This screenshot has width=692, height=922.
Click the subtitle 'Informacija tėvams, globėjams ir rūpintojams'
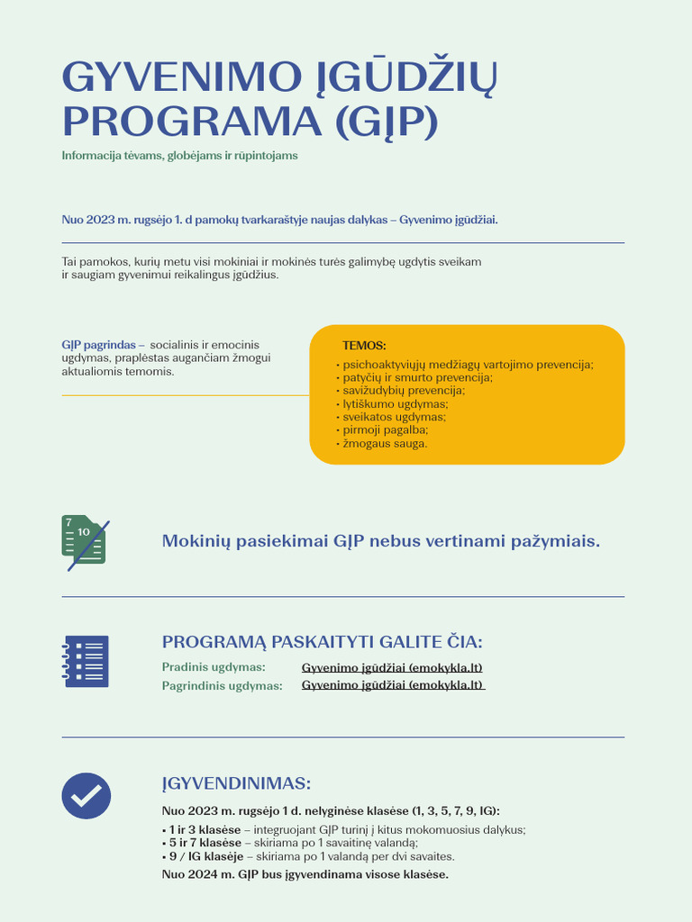point(179,156)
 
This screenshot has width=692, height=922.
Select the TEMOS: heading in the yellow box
point(364,346)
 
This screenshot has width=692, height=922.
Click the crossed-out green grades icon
point(86,542)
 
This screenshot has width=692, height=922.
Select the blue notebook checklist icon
point(86,662)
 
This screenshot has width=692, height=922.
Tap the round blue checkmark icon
point(86,796)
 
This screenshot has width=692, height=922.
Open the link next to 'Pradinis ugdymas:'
point(392,667)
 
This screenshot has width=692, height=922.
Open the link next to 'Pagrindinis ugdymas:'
point(392,685)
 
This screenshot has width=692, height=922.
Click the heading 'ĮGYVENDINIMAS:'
point(236,783)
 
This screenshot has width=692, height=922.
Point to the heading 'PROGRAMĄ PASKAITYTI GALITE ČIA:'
point(322,642)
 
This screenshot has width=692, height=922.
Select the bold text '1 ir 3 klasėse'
point(205,830)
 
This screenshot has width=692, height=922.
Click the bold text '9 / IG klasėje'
point(206,856)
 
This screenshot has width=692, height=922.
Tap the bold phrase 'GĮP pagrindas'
point(98,345)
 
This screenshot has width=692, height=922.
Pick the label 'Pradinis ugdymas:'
point(214,667)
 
